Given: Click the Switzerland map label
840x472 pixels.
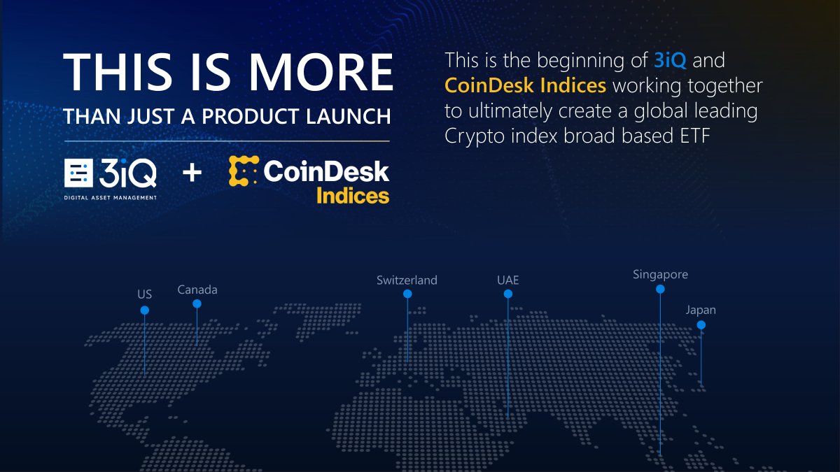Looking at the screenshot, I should coord(407,280).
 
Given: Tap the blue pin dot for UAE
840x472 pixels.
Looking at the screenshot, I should coord(508,294).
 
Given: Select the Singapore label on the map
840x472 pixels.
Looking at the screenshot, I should coord(660,275).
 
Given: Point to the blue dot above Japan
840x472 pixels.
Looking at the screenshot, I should coord(701,325).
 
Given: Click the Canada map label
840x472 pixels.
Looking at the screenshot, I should coord(197,289).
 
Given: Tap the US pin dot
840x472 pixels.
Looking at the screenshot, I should coord(144,310).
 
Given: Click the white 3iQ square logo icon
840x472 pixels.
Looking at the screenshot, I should coord(78,173).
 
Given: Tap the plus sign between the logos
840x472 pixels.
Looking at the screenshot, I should coord(192,173).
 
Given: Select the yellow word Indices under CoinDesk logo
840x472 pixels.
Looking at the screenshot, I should coord(353,195).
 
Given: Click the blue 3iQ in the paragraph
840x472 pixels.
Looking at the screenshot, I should coord(671,60).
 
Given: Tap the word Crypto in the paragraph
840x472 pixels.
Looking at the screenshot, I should coord(470,136).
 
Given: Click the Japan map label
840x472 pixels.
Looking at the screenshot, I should coord(701,310).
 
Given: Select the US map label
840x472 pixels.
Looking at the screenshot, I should coord(144,294).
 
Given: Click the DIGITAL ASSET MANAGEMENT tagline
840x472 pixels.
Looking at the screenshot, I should coord(111,198).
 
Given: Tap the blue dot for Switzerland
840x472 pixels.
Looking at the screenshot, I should coord(407,294).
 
